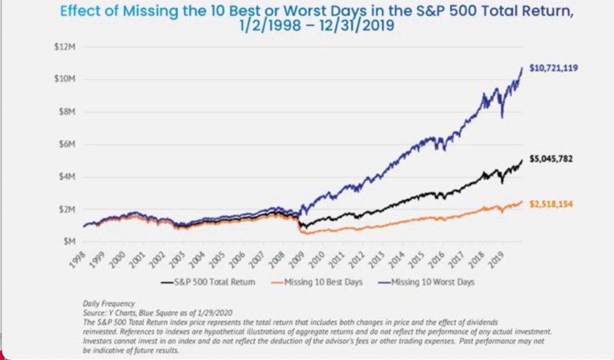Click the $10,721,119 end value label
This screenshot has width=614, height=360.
554,67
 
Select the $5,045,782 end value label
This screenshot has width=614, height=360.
552,159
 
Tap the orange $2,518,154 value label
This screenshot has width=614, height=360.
551,204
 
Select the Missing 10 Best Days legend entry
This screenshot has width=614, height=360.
317,282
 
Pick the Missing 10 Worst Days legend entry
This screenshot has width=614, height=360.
427,282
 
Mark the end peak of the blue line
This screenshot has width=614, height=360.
522,67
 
